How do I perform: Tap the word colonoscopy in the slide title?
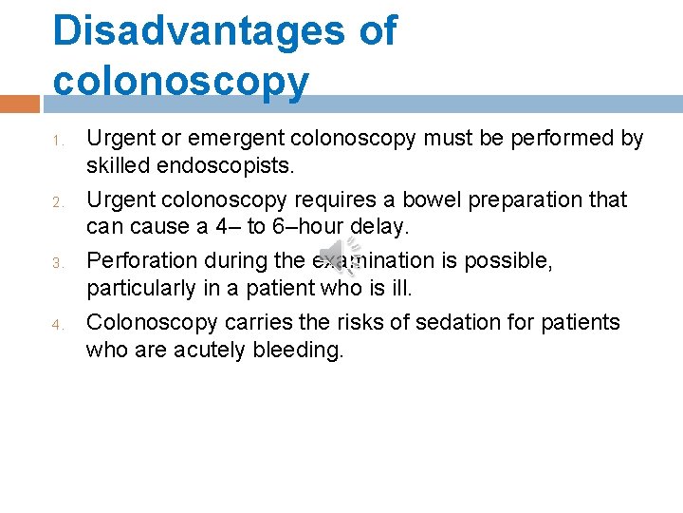tap(181, 82)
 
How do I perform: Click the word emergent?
tap(241, 139)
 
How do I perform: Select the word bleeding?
tap(297, 351)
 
